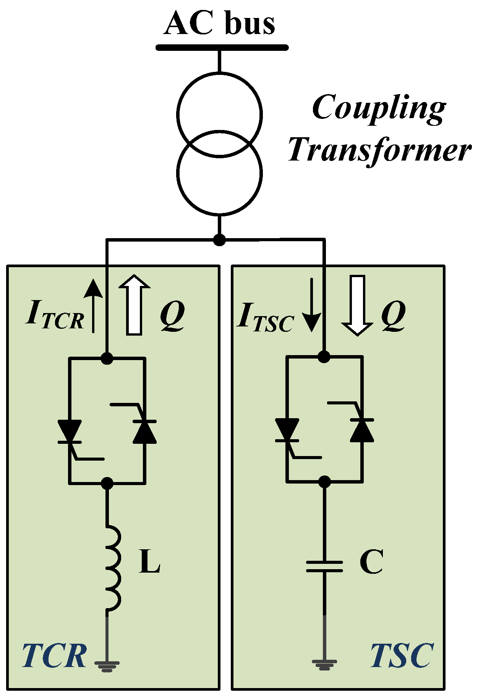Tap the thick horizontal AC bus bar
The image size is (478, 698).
pos(222,48)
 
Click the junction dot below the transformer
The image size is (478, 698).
pos(219,240)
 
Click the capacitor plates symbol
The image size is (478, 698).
pos(324,566)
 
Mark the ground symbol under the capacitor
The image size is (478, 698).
pos(324,665)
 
